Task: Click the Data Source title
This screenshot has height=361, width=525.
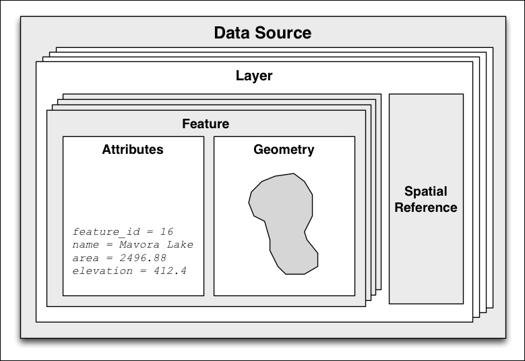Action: tap(262, 32)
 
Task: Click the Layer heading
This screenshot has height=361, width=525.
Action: tap(254, 76)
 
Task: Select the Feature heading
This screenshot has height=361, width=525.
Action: tap(206, 124)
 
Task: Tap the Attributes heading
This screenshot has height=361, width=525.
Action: tap(133, 150)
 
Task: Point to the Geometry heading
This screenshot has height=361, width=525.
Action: tap(284, 150)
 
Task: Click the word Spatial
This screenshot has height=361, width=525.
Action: tap(426, 192)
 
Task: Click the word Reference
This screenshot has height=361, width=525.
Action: tap(426, 208)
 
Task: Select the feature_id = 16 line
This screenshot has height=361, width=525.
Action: tap(123, 231)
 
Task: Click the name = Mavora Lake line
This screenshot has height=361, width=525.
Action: tap(133, 244)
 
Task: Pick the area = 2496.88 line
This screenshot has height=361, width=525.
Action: tap(119, 258)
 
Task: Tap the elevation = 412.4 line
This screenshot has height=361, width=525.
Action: tap(129, 271)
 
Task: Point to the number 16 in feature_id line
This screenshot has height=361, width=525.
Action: tap(167, 231)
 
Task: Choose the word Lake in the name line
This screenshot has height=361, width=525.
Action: tap(181, 244)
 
